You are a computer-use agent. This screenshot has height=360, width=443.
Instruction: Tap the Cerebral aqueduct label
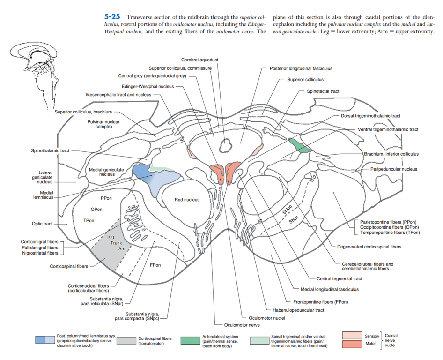click(x=199, y=60)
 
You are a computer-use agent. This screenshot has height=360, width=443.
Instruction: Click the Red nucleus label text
click(x=187, y=200)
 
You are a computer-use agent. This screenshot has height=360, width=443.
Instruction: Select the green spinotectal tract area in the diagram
click(x=299, y=145)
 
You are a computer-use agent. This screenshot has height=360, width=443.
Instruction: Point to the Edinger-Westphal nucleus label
click(x=148, y=86)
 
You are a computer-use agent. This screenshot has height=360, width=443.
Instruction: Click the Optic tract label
click(x=42, y=224)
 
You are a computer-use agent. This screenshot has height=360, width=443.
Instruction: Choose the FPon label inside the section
click(x=155, y=265)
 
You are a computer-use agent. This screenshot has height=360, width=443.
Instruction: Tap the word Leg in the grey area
click(x=110, y=237)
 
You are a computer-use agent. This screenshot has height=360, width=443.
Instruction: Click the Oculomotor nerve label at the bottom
click(x=242, y=324)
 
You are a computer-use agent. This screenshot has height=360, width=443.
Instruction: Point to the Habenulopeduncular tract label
click(x=298, y=310)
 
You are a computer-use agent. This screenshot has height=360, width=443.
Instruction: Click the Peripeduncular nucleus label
click(x=393, y=169)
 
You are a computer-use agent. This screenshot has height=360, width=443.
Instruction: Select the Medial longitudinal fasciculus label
click(x=329, y=289)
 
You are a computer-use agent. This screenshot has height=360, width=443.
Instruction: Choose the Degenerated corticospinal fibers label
click(x=369, y=247)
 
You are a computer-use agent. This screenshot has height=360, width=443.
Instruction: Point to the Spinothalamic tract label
click(x=50, y=150)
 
